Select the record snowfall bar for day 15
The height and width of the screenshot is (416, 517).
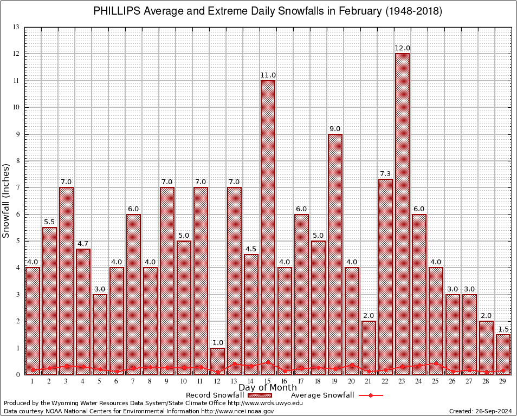268,227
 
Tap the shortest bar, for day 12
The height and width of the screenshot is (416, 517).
217,361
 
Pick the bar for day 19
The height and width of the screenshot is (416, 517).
335,255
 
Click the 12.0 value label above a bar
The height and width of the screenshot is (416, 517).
403,48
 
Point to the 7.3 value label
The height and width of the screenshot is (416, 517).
386,173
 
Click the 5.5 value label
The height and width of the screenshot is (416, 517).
49,222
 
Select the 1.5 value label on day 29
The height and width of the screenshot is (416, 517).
503,329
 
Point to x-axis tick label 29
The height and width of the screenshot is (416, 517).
503,382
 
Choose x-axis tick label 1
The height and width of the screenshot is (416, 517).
33,382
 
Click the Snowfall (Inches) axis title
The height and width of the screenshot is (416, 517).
6,200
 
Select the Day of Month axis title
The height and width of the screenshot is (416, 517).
268,388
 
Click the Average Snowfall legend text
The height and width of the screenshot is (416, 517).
322,395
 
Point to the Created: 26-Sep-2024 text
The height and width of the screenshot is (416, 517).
480,412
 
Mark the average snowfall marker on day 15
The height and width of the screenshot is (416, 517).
268,362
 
